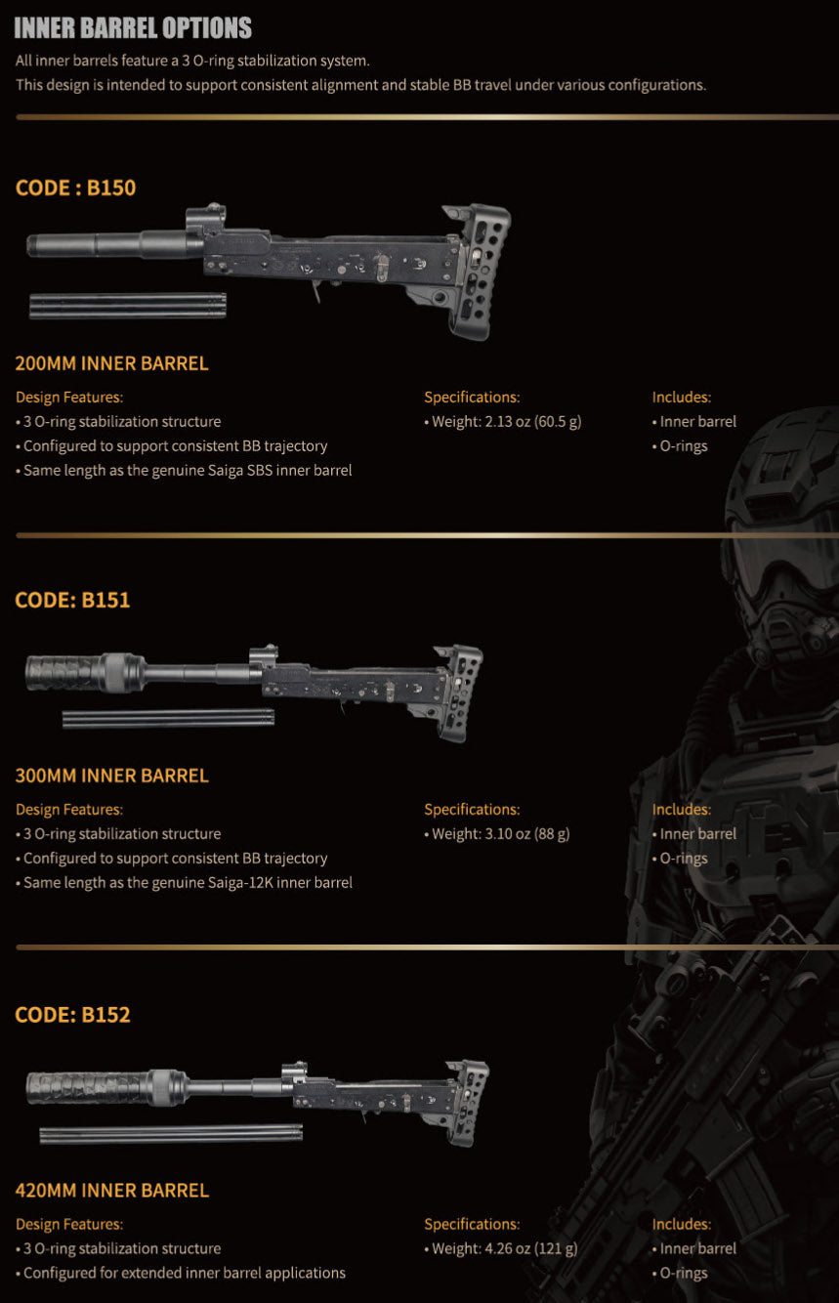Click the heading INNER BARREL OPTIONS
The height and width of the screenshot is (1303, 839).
(133, 28)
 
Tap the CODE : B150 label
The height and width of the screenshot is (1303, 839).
(75, 188)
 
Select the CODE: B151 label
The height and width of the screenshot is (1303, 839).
(72, 600)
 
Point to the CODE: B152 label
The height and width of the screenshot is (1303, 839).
(72, 1015)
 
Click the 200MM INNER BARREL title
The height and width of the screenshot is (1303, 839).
(111, 363)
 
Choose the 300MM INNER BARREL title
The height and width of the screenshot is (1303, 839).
(111, 776)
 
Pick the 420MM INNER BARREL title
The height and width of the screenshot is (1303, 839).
(111, 1190)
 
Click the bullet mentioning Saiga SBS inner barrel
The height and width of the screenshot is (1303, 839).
(184, 470)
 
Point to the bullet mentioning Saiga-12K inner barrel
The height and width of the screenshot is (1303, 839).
(184, 882)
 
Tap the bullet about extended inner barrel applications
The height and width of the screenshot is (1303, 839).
(181, 1273)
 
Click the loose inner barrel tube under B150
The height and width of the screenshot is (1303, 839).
(128, 306)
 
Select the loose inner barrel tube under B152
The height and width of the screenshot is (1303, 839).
(171, 1134)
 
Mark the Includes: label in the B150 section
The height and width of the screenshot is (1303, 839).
(682, 398)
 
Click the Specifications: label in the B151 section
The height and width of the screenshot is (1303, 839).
(472, 809)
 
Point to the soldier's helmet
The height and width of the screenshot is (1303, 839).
(785, 465)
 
